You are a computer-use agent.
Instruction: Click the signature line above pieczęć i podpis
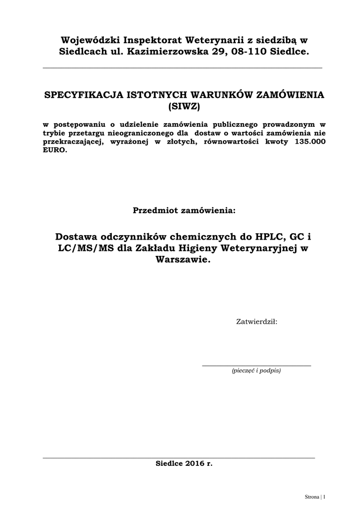click(x=256, y=365)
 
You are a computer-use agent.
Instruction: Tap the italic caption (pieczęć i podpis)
click(x=256, y=371)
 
